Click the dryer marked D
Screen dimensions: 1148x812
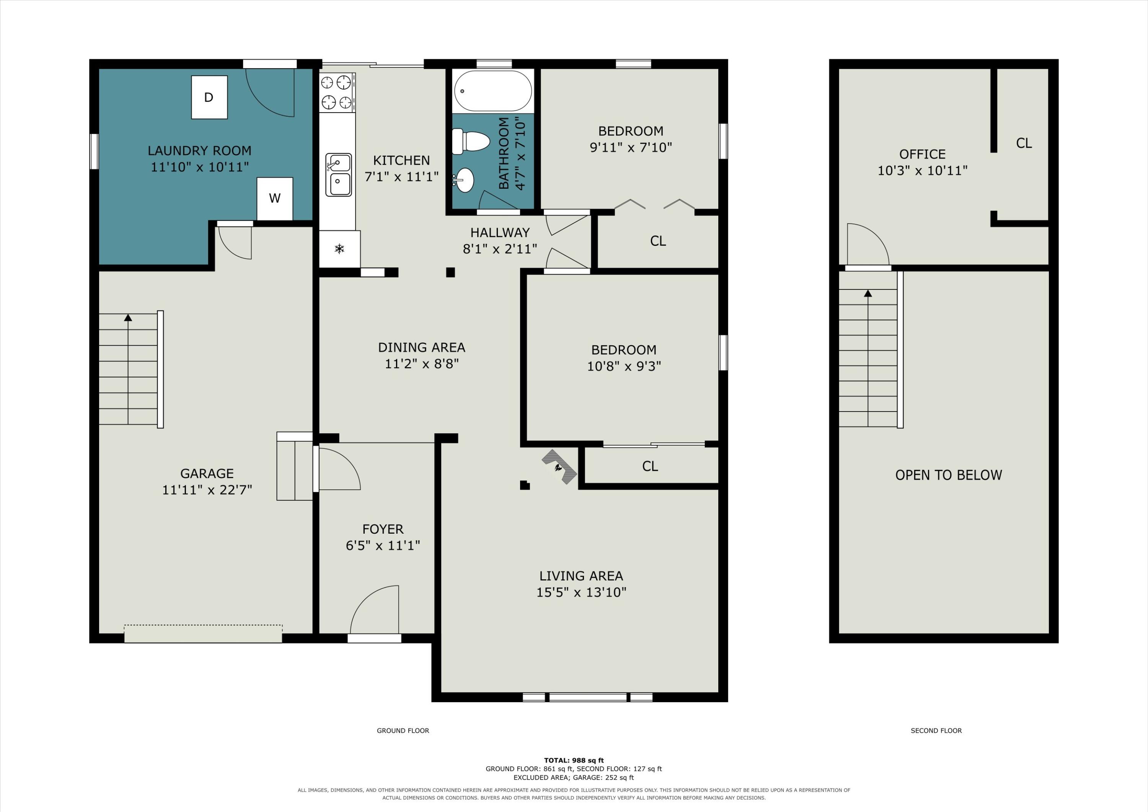(209, 97)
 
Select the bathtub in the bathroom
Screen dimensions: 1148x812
(493, 91)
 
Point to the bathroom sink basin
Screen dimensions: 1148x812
(465, 180)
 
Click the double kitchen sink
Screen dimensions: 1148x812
(339, 175)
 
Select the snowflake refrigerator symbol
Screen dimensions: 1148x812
(339, 248)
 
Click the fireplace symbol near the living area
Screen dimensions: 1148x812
(559, 467)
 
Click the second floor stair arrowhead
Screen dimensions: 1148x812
(868, 293)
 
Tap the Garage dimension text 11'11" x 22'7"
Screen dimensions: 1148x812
(207, 490)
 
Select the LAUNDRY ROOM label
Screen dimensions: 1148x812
(199, 150)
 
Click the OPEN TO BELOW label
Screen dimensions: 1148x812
(949, 475)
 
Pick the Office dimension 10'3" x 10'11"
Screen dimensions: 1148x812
(923, 171)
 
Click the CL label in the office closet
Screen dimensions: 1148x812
(1024, 143)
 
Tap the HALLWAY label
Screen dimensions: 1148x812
(500, 233)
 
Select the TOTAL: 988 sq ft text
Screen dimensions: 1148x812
(574, 760)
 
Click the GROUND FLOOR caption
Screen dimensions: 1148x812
(403, 730)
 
